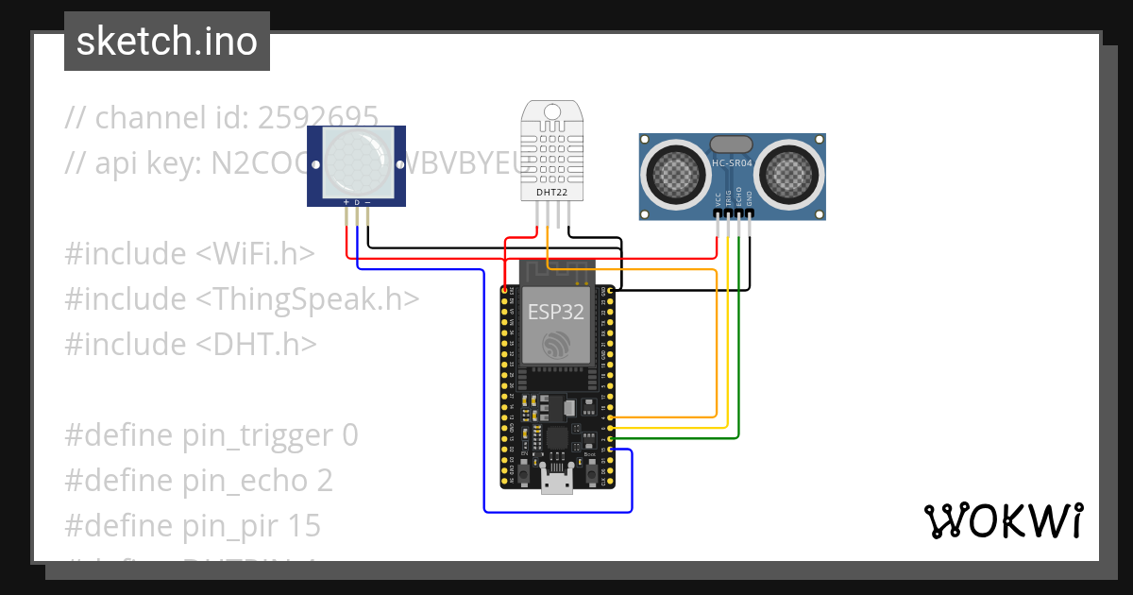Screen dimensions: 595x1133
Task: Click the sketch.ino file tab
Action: point(166,42)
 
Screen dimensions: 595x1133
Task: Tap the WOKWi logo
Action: point(1002,521)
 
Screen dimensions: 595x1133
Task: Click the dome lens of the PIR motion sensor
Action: point(357,163)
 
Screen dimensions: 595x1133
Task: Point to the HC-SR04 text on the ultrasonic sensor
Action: point(732,163)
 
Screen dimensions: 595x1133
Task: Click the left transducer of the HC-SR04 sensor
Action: point(676,174)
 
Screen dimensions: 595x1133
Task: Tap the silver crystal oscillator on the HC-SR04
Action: point(731,144)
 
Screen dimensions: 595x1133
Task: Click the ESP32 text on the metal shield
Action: point(555,312)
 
